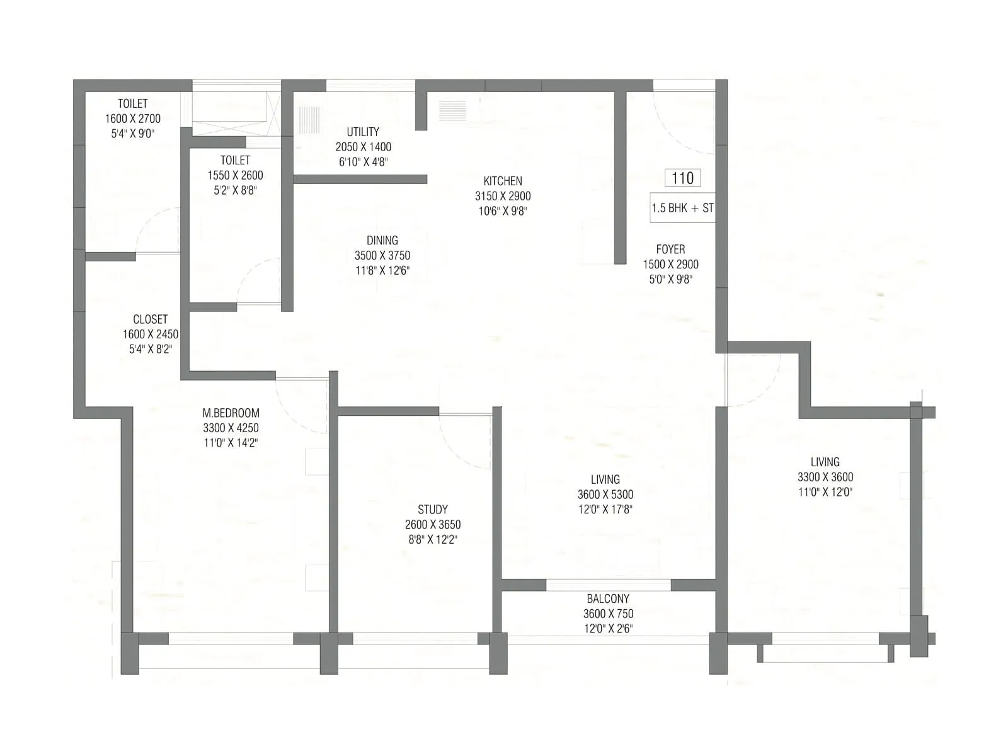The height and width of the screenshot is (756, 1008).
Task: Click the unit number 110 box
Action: click(683, 178)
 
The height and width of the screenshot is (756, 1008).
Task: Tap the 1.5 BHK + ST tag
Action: click(683, 208)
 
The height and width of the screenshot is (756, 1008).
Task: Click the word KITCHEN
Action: click(503, 181)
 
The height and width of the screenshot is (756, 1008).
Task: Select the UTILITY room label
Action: click(363, 132)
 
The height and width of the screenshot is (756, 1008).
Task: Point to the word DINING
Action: click(382, 240)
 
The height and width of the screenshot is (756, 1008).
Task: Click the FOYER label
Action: click(670, 249)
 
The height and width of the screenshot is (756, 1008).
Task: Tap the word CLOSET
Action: click(150, 319)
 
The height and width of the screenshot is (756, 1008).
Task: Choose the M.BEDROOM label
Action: click(231, 413)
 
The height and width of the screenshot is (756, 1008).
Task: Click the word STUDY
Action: click(433, 509)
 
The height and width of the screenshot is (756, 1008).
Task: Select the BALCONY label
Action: click(608, 598)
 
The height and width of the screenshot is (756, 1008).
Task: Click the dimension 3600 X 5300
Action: click(605, 495)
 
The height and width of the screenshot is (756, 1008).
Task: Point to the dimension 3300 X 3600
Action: click(825, 477)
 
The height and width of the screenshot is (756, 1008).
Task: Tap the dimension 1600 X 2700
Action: click(133, 118)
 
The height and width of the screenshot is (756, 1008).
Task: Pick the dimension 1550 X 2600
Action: click(235, 175)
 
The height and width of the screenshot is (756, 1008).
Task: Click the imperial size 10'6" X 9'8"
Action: click(503, 211)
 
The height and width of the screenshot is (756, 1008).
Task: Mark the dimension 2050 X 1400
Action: click(363, 147)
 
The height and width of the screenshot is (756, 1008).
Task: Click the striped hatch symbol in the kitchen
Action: click(452, 111)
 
